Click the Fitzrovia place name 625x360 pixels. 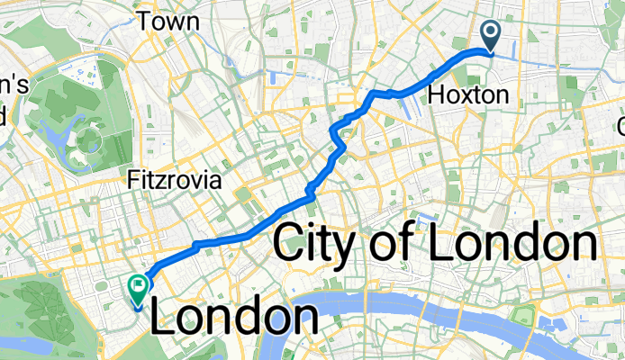tap(175, 180)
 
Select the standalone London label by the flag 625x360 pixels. tap(234, 318)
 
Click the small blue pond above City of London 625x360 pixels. tap(422, 218)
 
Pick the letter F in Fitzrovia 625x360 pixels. tap(133, 180)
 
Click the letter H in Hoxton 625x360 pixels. tap(435, 94)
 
